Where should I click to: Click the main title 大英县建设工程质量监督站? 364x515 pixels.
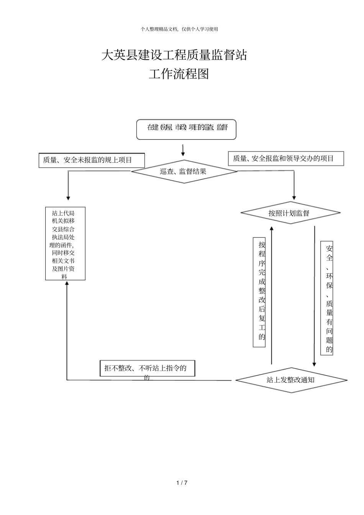coord(174,55)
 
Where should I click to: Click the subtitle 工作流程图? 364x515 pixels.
coord(179,74)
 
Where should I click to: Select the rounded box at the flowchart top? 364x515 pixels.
coord(187,129)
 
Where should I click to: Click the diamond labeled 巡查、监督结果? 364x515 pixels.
coord(184,172)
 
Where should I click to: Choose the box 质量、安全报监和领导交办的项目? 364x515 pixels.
coord(286,159)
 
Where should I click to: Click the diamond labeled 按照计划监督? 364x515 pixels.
coord(290,213)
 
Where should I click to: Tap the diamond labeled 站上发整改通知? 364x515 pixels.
coord(291,380)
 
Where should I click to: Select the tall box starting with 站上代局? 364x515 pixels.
coord(65,244)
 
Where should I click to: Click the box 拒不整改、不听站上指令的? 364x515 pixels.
coord(148,368)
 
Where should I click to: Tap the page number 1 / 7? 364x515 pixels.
coord(182,482)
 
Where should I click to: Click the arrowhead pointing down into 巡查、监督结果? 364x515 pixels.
coord(183,154)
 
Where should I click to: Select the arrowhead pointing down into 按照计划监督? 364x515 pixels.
coord(294,198)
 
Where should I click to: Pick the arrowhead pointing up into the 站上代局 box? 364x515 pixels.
coord(67,283)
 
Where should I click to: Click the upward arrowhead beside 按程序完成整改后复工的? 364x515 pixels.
coord(272,228)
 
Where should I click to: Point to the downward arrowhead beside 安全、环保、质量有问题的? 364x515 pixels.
coord(314,364)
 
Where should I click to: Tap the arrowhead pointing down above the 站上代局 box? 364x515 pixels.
coord(68,198)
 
